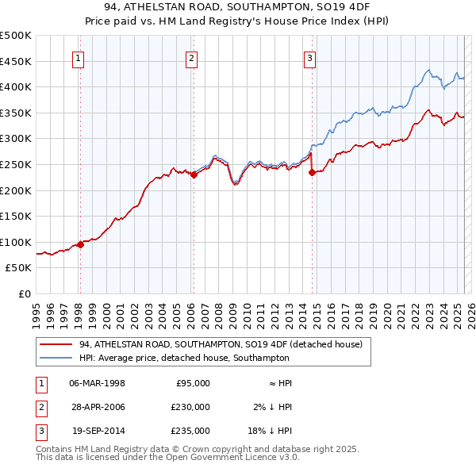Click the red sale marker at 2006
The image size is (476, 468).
194,175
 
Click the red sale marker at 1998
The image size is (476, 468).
80,244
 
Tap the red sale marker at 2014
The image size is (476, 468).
312,172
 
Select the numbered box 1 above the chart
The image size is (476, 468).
79,57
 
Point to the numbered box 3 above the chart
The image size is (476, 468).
309,57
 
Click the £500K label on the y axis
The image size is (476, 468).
16,36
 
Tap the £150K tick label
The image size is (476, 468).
16,217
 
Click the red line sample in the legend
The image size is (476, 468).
56,344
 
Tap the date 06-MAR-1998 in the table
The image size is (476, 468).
98,383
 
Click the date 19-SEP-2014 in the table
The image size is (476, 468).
98,431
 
